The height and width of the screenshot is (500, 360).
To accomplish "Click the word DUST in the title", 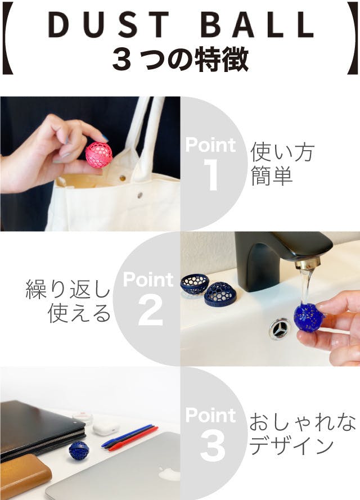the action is click(x=109, y=25).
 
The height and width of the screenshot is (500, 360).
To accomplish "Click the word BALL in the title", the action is click(x=258, y=25).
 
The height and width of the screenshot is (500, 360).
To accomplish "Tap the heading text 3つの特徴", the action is click(x=181, y=59).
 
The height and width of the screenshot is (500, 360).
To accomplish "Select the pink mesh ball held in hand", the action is click(x=99, y=155).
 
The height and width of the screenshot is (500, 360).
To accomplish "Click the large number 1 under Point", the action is click(x=210, y=175).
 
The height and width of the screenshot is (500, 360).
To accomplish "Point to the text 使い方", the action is click(x=282, y=152).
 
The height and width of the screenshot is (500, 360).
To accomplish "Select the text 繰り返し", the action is click(x=68, y=289).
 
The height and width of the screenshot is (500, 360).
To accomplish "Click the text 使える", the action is click(x=79, y=313).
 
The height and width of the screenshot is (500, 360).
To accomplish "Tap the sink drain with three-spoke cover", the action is click(x=280, y=329).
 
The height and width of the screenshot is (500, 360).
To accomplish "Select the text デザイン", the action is click(x=291, y=446).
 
